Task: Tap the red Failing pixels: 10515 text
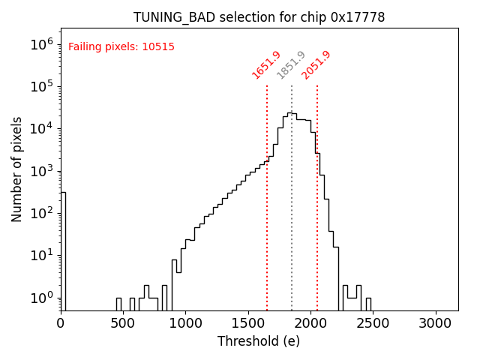click(121, 46)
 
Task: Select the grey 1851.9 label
click(291, 64)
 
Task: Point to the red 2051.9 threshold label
click(316, 64)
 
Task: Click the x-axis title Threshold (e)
click(259, 341)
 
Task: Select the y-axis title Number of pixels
click(17, 169)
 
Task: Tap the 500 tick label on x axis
click(123, 323)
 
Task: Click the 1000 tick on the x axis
click(185, 323)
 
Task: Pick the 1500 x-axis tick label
click(247, 323)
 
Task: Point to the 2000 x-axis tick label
click(310, 323)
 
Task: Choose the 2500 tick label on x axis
click(372, 323)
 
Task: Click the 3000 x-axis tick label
click(434, 323)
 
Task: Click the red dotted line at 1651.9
click(267, 225)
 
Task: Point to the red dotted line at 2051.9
click(317, 225)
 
